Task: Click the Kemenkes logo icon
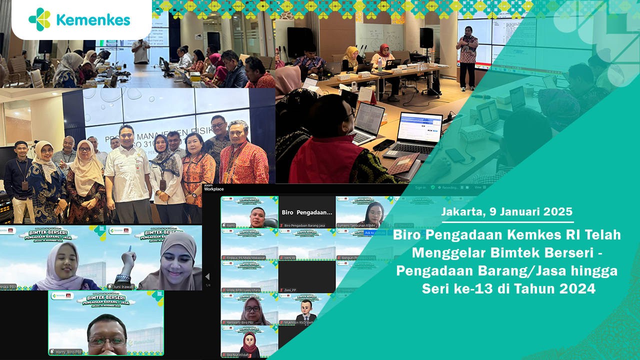pos(39,19)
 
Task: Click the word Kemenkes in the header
pos(93,20)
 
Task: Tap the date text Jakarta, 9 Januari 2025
pos(507,211)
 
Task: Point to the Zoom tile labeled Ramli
pos(249,212)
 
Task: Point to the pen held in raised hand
pos(130,248)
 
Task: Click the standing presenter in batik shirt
pos(468,56)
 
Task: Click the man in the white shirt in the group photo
pos(127,175)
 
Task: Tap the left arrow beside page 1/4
pos(207,276)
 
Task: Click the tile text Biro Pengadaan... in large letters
pos(306,212)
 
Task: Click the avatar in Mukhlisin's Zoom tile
pos(306,310)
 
